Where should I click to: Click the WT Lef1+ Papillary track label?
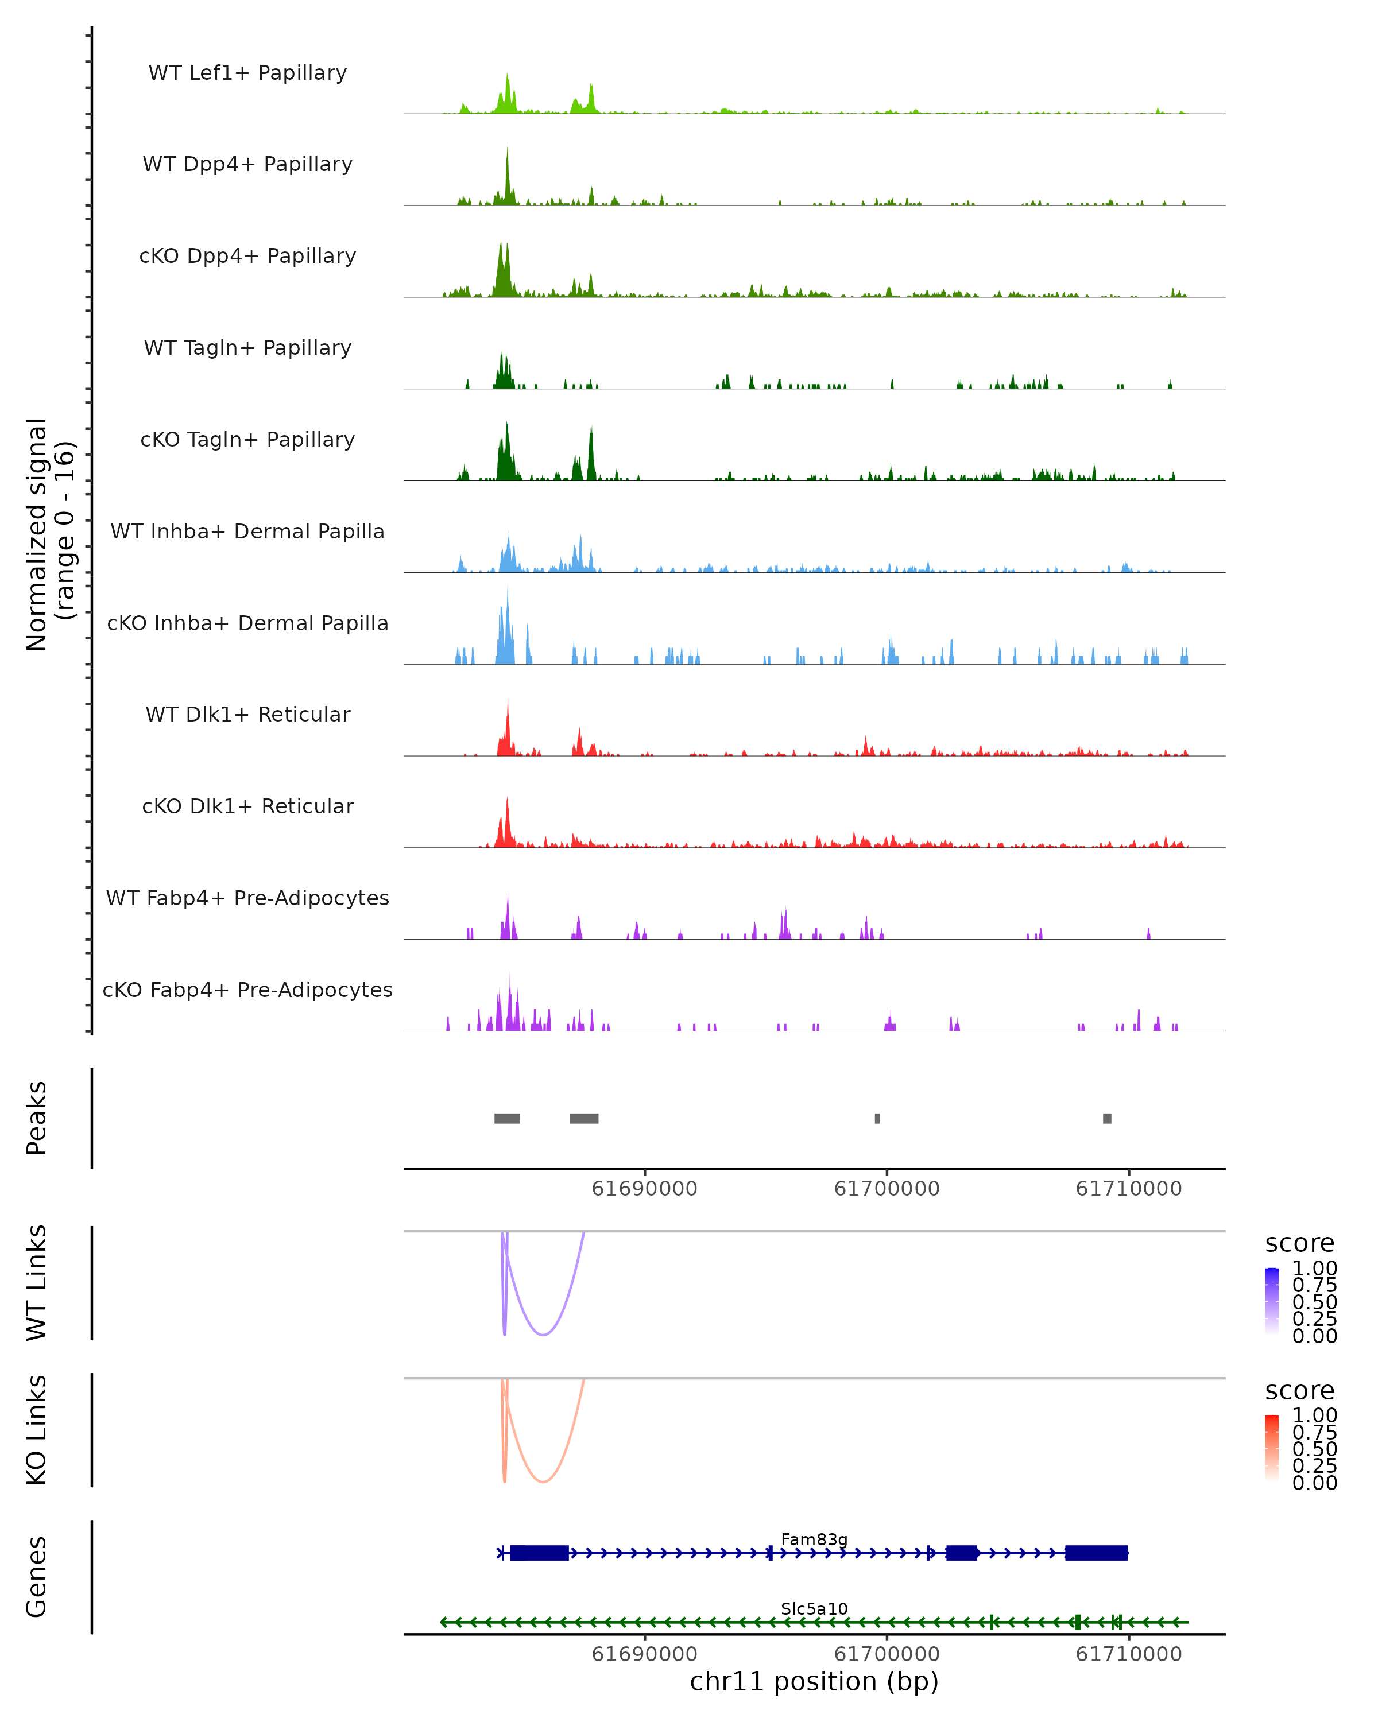coord(247,73)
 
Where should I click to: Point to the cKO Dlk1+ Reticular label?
coord(247,806)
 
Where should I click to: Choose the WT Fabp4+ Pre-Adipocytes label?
coord(247,898)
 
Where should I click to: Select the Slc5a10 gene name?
coord(814,1608)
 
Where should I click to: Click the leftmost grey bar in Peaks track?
coord(507,1118)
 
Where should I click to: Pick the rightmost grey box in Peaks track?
coord(1107,1118)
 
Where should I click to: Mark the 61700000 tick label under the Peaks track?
coord(887,1189)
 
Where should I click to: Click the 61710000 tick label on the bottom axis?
coord(1129,1654)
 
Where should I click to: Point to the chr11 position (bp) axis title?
coord(814,1682)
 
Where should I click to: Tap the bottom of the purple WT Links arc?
coord(543,1335)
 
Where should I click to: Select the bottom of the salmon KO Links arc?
coord(543,1481)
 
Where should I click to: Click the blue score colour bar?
coord(1272,1301)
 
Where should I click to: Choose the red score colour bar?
coord(1272,1448)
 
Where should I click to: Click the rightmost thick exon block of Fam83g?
coord(1096,1553)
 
